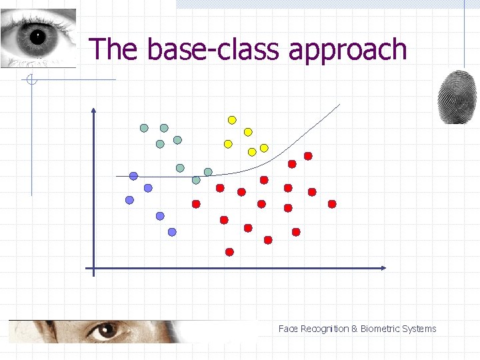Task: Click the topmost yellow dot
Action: (x=232, y=120)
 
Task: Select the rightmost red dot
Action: (x=332, y=204)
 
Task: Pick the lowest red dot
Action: (x=229, y=252)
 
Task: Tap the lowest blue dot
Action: (x=172, y=232)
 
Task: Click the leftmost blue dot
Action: (x=129, y=200)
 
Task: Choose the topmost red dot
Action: (x=308, y=156)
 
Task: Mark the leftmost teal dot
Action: (x=144, y=127)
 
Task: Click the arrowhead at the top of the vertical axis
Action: (x=93, y=111)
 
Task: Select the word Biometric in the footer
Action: (x=381, y=329)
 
